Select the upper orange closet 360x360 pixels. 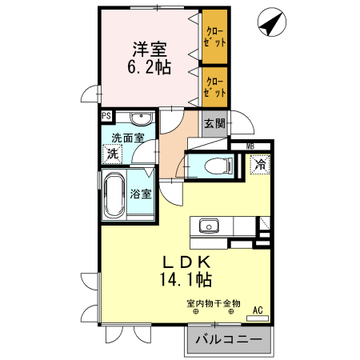tap(214, 37)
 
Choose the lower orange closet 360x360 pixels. tap(214, 86)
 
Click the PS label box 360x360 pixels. tap(106, 114)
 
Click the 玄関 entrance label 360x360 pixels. tap(214, 124)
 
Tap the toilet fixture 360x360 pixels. tap(216, 166)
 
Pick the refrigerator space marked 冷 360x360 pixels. tap(261, 164)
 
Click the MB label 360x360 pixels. tap(250, 146)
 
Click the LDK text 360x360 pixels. tap(188, 262)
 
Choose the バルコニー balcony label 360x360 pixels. tap(227, 341)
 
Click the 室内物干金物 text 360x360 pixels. tap(214, 303)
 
